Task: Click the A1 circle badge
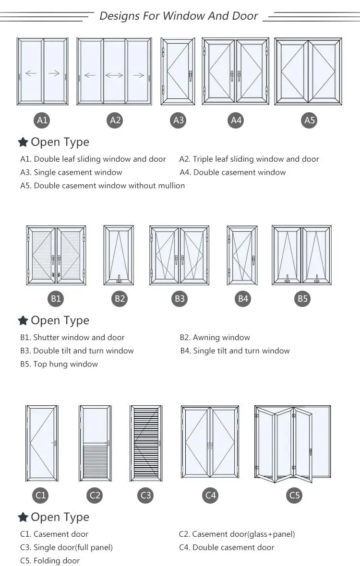point(43,120)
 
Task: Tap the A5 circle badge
point(310,120)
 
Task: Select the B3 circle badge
point(180,299)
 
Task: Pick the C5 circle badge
point(294,495)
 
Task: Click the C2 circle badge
point(95,495)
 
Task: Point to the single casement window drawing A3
point(179,71)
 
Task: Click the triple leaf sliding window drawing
point(114,72)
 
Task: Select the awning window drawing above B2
point(119,255)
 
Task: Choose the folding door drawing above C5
point(293,444)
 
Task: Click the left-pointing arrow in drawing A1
point(31,73)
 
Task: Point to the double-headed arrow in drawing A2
point(114,75)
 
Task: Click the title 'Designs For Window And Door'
point(179,16)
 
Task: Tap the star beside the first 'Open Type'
point(23,142)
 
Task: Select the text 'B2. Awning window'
point(215,338)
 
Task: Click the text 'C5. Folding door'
point(50,561)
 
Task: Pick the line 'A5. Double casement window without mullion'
point(102,186)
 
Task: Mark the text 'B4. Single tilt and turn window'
point(235,351)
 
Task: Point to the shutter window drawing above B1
point(56,255)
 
